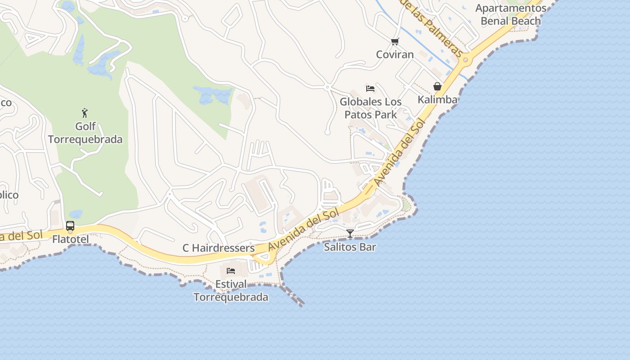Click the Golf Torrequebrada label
(85, 133)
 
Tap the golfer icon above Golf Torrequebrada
(85, 112)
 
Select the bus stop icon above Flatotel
(70, 226)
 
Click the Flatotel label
(71, 239)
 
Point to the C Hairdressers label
(218, 248)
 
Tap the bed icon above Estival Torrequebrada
(231, 271)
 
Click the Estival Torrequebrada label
(231, 291)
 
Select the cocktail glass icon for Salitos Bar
(350, 233)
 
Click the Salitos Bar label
(350, 247)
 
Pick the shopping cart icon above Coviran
(395, 42)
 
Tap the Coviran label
(395, 54)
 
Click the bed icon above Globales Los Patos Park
(370, 89)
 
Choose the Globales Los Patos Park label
(371, 108)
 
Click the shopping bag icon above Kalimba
(437, 86)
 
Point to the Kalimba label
(437, 99)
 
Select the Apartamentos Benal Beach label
(511, 14)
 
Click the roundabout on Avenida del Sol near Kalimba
(465, 59)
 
